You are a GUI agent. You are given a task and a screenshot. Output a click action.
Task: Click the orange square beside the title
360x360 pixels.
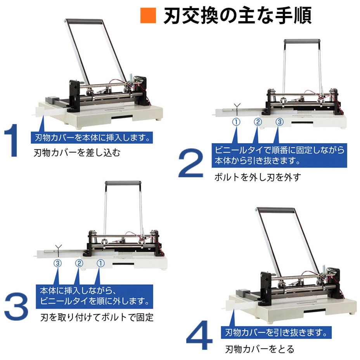click(147, 16)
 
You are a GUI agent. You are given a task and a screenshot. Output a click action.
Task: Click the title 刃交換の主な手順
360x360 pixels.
click(237, 16)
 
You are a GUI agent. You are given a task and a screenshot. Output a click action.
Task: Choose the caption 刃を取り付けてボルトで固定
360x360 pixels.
click(97, 318)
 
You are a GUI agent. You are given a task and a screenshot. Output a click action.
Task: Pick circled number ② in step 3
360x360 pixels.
click(79, 263)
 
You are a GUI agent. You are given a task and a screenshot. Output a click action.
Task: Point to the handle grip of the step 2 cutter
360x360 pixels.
click(302, 41)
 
